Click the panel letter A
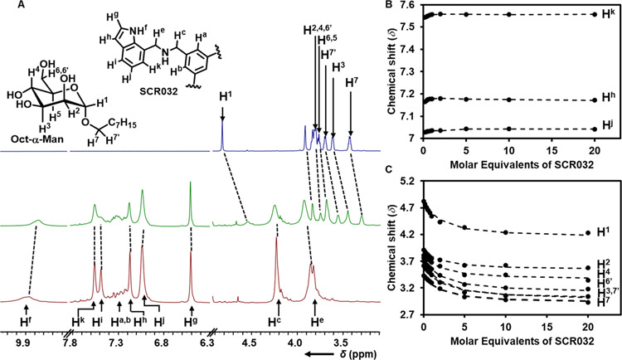[6, 7]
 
